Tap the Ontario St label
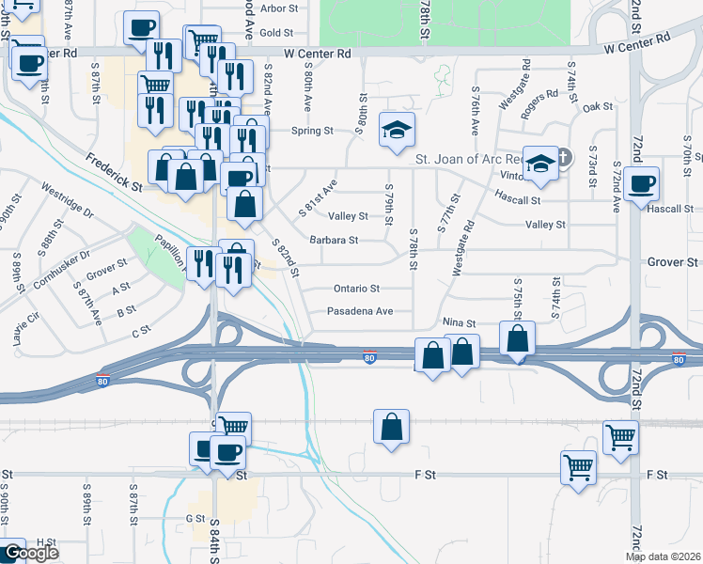click(x=356, y=289)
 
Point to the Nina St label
click(x=460, y=321)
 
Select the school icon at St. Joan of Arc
click(x=540, y=163)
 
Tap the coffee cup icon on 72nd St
click(x=643, y=183)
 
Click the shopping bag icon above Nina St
click(x=517, y=337)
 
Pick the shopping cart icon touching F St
click(x=578, y=465)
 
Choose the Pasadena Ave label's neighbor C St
click(x=142, y=331)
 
